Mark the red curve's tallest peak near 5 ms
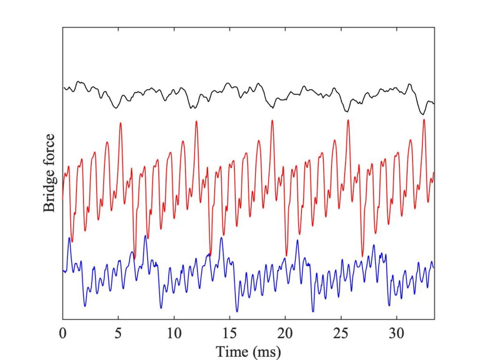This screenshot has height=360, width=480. [x=120, y=123]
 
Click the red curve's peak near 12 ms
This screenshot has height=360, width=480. [x=196, y=121]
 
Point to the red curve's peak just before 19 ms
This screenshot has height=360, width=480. [x=272, y=121]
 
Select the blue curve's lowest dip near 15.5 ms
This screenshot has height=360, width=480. [x=237, y=311]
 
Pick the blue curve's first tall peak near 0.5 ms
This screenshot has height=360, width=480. [x=69, y=238]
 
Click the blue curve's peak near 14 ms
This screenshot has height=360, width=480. [x=221, y=238]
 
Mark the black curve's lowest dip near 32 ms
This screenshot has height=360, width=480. [x=422, y=114]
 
